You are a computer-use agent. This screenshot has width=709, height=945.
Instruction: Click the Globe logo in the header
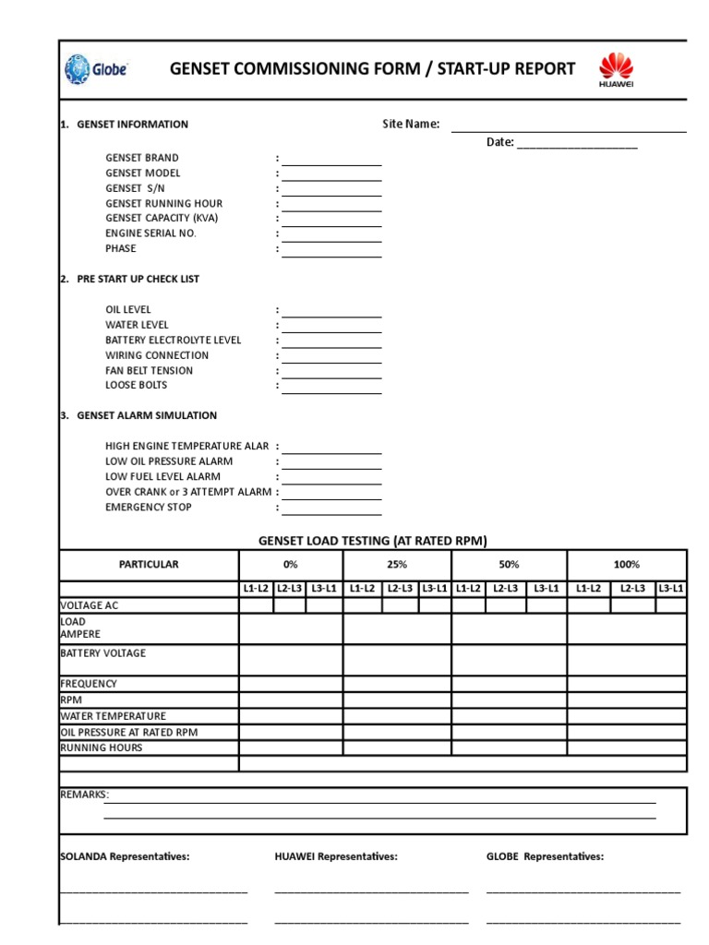[96, 69]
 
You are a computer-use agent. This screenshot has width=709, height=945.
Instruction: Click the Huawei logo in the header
[616, 70]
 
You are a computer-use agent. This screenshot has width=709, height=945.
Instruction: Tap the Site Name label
[411, 125]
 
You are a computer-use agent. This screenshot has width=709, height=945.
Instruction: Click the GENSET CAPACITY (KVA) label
[162, 218]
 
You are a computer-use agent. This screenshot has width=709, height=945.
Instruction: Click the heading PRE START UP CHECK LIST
[138, 279]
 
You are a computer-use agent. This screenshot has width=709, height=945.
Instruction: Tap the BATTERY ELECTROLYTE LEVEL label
[173, 340]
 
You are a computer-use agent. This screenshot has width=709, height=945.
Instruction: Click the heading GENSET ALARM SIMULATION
[147, 415]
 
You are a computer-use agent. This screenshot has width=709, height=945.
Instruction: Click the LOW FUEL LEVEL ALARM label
[162, 476]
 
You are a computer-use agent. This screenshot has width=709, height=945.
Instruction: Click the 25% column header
[397, 564]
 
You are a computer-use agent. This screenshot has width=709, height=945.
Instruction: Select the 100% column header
[626, 564]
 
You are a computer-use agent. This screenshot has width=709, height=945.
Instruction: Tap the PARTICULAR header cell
[149, 564]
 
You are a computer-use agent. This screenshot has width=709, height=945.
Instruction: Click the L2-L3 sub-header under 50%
[505, 588]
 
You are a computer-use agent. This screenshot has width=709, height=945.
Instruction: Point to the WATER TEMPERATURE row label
[113, 716]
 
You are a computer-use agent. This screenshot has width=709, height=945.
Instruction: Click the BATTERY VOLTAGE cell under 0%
[291, 660]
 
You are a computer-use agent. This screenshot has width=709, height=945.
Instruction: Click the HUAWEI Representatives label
[336, 856]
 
